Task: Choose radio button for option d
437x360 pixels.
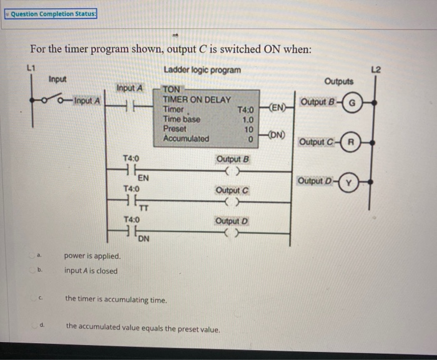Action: click(x=39, y=326)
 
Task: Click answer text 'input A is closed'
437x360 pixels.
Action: click(x=91, y=271)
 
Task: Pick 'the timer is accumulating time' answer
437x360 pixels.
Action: click(x=116, y=299)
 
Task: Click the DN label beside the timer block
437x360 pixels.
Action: click(x=277, y=134)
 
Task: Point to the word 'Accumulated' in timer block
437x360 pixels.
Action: click(x=186, y=139)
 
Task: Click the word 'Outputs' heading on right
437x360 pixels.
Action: click(x=338, y=81)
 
